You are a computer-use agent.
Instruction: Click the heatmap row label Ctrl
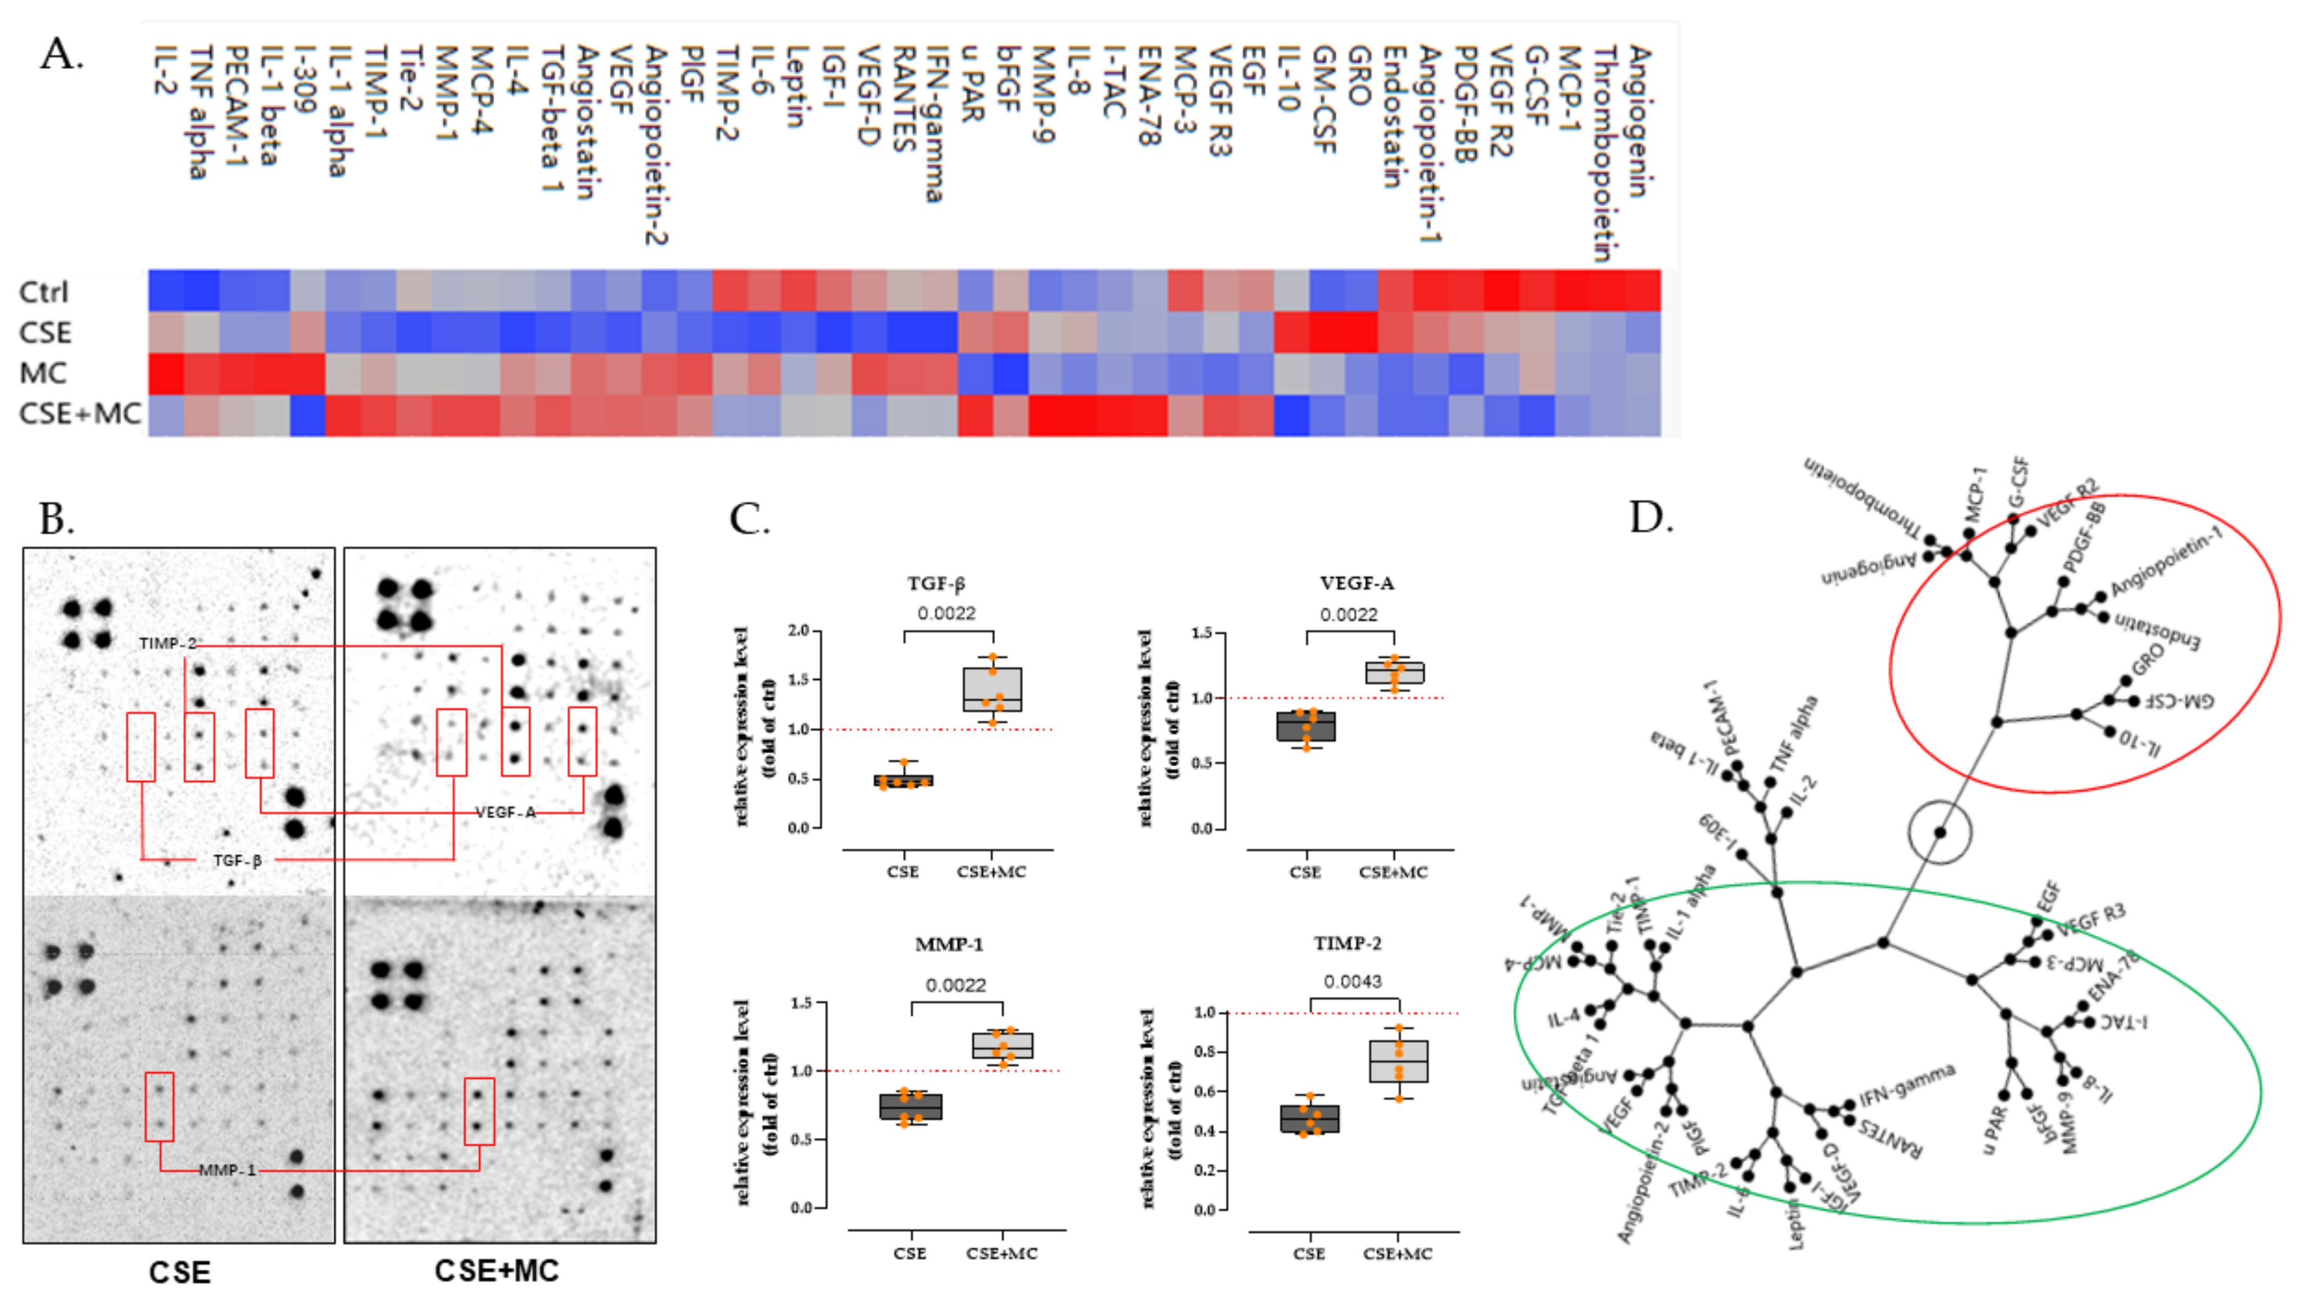pos(43,292)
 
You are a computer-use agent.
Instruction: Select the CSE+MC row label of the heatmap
pos(80,414)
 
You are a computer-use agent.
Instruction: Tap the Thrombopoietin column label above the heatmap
pos(1604,153)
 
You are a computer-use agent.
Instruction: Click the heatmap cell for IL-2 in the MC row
pos(166,374)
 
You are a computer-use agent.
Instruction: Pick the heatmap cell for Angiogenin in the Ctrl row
pos(1643,291)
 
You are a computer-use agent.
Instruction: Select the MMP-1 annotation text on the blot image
pos(227,1170)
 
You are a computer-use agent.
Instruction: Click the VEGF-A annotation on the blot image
pos(505,812)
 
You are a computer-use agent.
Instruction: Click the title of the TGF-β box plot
pos(935,584)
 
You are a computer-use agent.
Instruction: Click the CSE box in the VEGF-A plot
pos(1306,726)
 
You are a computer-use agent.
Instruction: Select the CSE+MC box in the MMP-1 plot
pos(1003,1045)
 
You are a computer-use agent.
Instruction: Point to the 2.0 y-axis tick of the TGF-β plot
pos(798,631)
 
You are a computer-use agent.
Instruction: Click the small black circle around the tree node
pos(1938,831)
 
